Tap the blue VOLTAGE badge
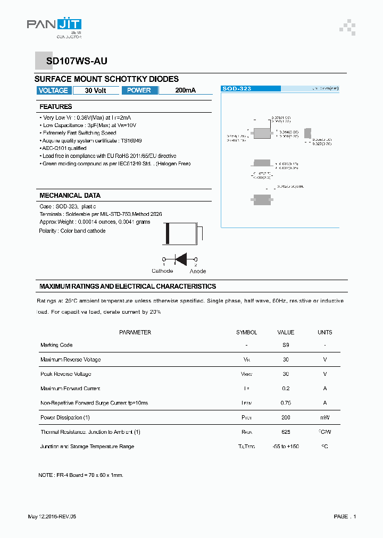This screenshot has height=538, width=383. [x=53, y=90]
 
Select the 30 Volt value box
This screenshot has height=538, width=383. [x=96, y=90]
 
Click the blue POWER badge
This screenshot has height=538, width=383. [x=139, y=90]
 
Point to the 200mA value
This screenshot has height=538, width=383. [x=185, y=90]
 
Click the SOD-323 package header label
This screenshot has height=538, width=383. [x=237, y=89]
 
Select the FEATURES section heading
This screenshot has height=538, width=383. [x=56, y=107]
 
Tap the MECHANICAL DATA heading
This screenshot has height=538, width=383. [x=70, y=196]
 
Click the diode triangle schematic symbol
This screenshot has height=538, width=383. [x=181, y=259]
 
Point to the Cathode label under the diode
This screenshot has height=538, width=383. [x=162, y=271]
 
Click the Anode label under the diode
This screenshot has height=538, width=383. [x=198, y=271]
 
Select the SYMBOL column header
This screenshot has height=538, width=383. [x=246, y=332]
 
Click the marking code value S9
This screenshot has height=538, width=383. [x=286, y=345]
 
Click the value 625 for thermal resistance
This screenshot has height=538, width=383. [x=286, y=432]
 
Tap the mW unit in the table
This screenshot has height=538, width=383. [x=324, y=417]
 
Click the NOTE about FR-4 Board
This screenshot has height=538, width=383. [x=81, y=475]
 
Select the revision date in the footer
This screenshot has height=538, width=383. [x=55, y=517]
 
